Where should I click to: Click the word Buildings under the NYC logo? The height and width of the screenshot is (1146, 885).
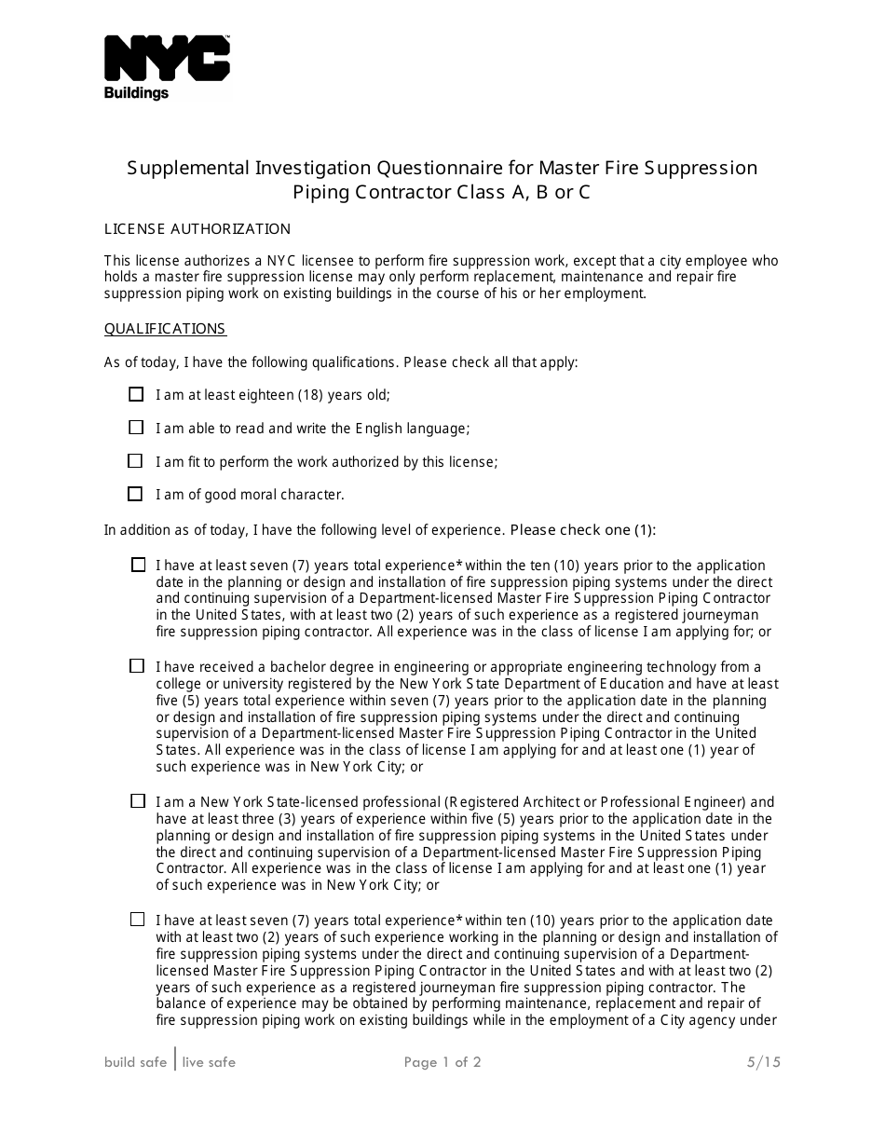click(136, 93)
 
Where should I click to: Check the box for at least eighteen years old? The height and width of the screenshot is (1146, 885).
click(136, 394)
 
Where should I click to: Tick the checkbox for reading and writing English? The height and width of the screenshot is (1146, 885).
click(136, 428)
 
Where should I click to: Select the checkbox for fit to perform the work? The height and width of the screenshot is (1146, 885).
click(136, 461)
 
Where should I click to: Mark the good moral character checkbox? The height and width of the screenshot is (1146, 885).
click(136, 494)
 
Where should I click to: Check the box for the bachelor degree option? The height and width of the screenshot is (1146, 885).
click(138, 666)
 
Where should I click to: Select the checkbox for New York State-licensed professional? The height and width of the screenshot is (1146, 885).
click(138, 801)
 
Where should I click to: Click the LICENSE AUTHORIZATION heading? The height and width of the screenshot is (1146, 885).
click(197, 229)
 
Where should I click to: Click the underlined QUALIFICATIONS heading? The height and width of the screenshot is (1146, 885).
click(165, 329)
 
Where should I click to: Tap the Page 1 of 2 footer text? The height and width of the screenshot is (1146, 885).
click(442, 1062)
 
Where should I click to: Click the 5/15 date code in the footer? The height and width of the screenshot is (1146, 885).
click(763, 1062)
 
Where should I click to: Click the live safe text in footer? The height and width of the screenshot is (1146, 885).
click(209, 1062)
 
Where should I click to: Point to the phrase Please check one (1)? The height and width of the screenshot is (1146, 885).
click(583, 530)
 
